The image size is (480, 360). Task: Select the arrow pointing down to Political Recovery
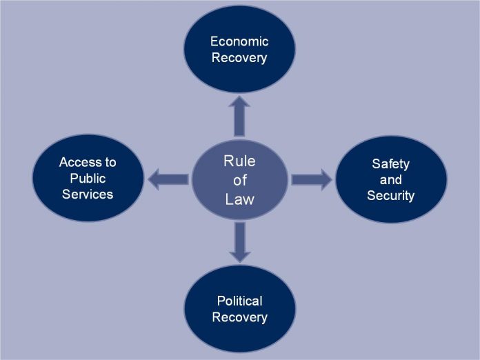click(239, 243)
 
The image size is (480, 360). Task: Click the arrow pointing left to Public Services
click(168, 179)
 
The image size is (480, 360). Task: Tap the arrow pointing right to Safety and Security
click(311, 179)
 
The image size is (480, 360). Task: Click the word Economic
click(239, 41)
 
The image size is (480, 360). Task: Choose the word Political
click(239, 301)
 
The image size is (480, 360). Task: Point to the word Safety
click(390, 164)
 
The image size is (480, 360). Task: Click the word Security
click(390, 196)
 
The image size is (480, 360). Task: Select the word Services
click(88, 194)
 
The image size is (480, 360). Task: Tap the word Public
click(88, 178)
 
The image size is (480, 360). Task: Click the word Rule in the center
click(239, 161)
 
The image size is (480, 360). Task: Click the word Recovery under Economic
click(239, 57)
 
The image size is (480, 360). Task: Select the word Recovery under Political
click(239, 317)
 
